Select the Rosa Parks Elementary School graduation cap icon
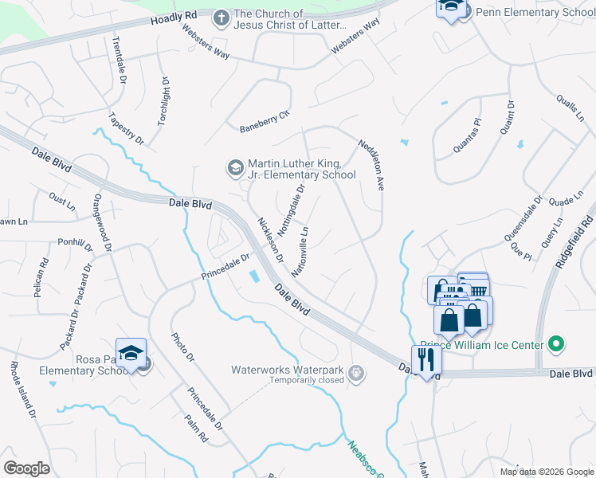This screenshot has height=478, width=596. [x=131, y=351]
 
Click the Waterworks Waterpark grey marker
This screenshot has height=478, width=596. [x=356, y=370]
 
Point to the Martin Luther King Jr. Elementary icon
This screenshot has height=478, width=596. [x=235, y=167]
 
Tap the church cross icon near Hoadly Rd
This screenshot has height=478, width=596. [x=221, y=17]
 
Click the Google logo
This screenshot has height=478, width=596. [x=26, y=468]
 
